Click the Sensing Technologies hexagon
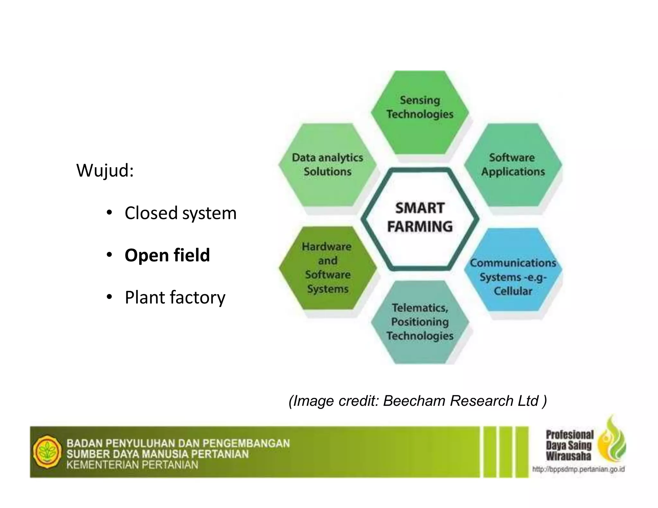coord(420,112)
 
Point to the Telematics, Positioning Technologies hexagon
coord(420,322)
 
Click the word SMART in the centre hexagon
coord(420,208)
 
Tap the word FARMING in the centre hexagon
coord(420,227)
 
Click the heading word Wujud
coord(104,170)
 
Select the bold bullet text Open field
coord(167,255)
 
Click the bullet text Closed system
coord(180,213)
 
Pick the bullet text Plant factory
coord(175,297)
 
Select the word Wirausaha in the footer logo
coord(568,456)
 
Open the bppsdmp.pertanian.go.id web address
coord(578,469)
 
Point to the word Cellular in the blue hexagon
coord(513,291)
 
